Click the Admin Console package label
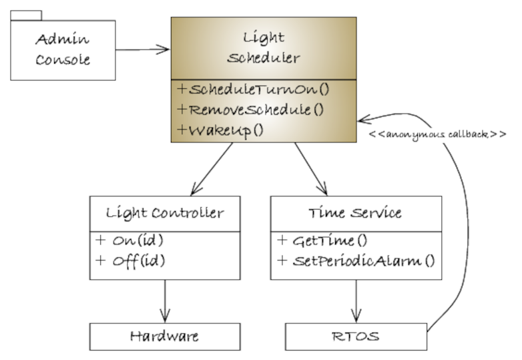[63, 51]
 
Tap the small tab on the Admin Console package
[26, 15]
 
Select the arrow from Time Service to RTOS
[355, 300]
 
